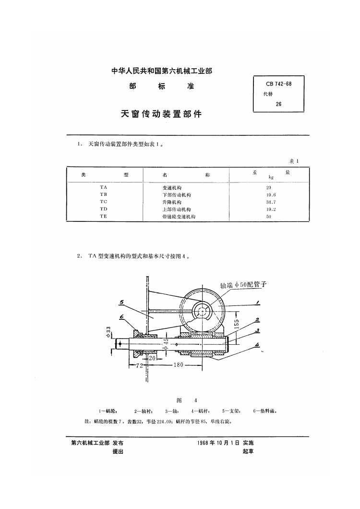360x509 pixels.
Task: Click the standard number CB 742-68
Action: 278,84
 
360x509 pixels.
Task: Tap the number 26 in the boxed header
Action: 278,104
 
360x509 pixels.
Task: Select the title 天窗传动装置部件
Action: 161,114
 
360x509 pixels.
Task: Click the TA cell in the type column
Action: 104,187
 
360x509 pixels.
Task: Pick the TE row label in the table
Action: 104,216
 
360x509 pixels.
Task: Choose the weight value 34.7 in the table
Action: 271,202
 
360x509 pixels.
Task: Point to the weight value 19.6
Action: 271,195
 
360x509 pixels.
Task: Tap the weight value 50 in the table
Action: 269,217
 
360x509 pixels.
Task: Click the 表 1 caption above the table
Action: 294,161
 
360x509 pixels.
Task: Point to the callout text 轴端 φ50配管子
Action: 243,285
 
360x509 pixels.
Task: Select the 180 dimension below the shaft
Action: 178,365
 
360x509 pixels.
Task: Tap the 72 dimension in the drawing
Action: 139,365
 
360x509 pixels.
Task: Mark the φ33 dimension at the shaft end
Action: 108,332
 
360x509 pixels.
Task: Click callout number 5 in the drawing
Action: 121,303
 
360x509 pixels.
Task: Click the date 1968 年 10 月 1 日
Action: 218,443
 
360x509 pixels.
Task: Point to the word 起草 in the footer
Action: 248,451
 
